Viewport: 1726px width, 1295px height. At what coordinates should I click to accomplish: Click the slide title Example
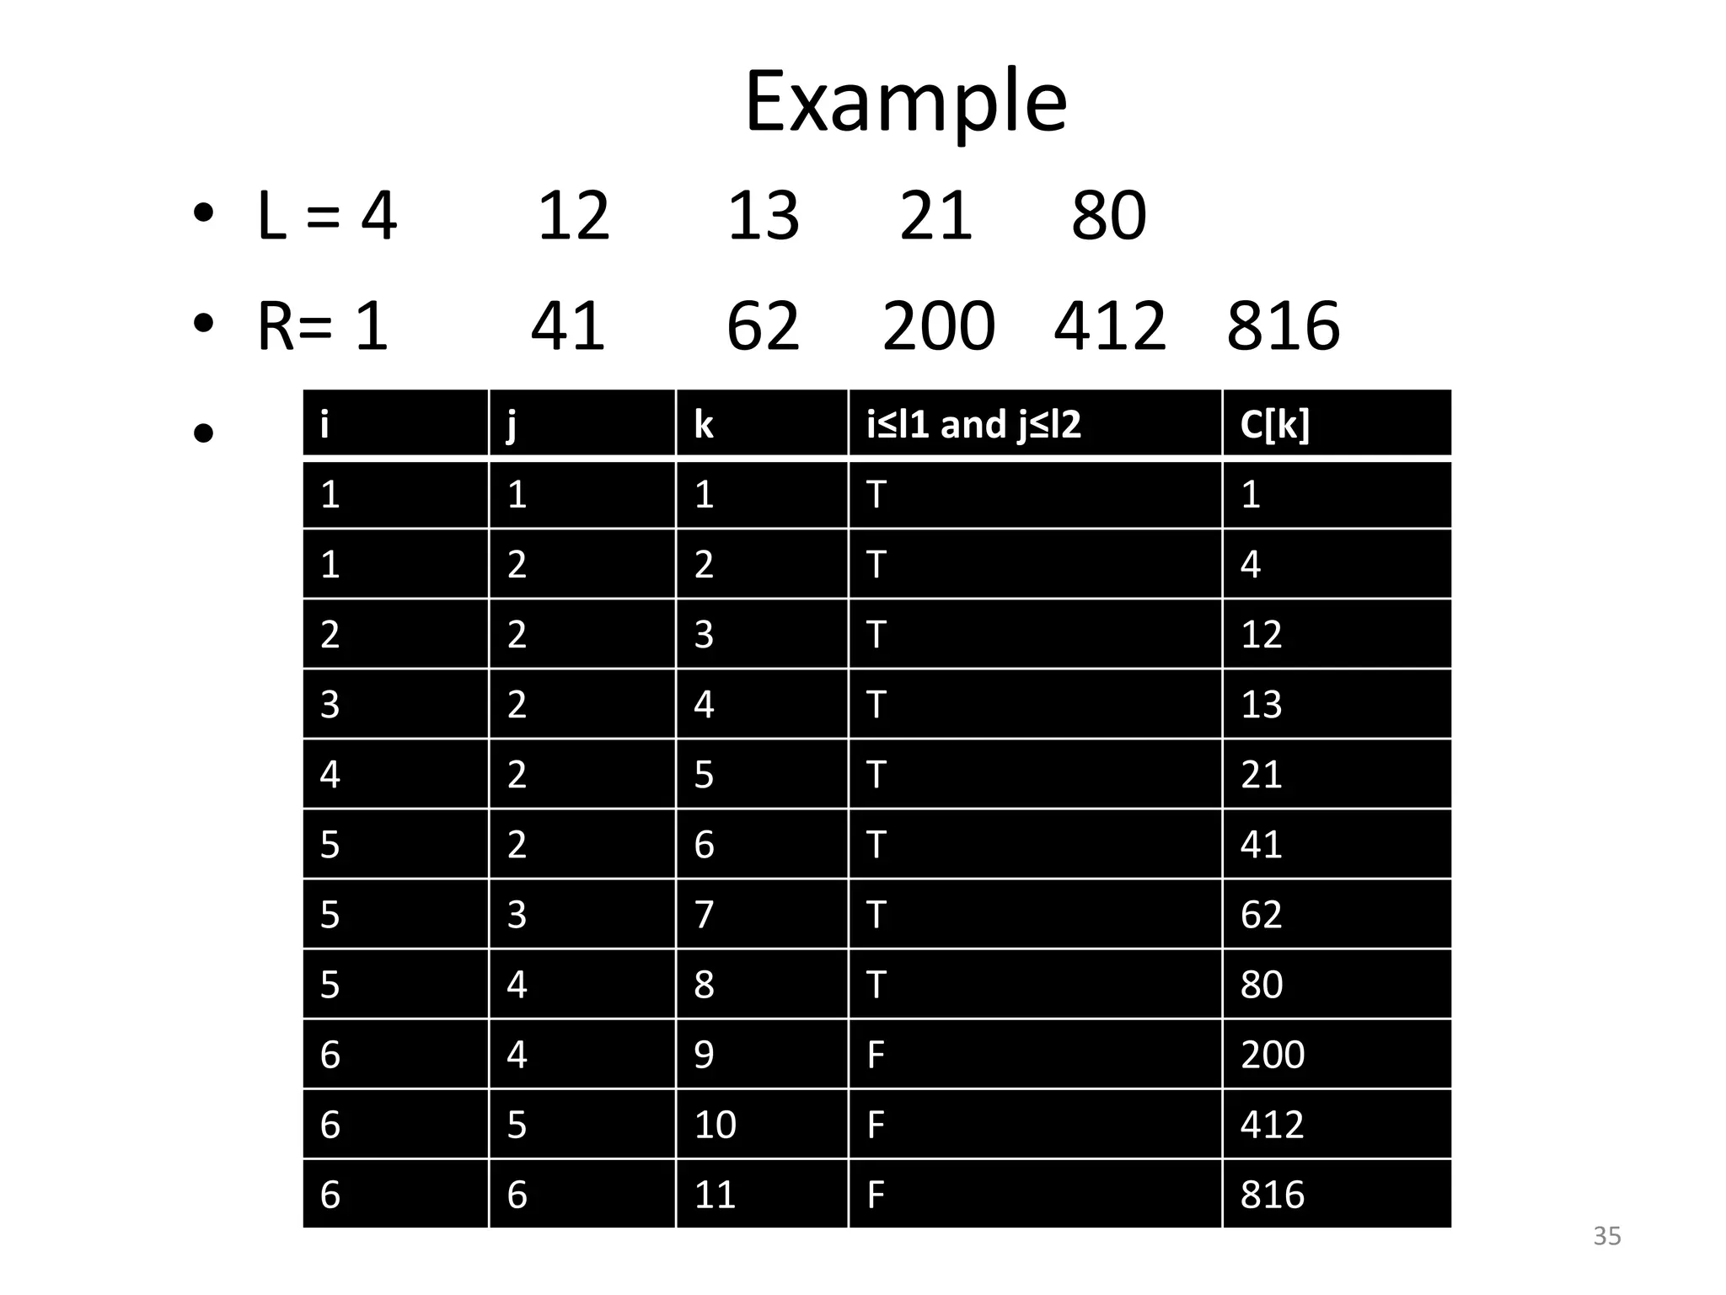906,103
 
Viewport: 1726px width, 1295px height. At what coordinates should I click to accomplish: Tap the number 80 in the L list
1108,216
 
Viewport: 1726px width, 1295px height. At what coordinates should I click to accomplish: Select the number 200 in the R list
938,326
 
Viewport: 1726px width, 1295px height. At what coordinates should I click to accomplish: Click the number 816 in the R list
1283,326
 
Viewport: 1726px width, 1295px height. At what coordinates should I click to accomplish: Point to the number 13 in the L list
763,216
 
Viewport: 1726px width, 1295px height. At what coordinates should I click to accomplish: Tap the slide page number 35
1606,1236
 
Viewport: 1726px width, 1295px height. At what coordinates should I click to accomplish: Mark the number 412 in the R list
1110,326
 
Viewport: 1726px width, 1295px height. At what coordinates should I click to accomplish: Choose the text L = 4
327,216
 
